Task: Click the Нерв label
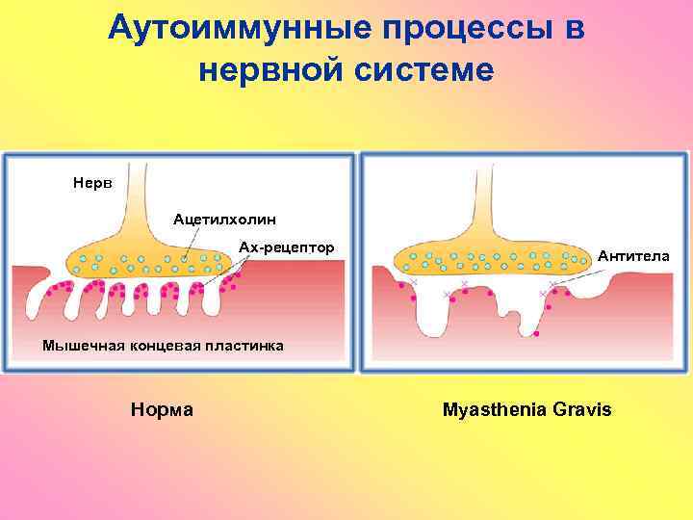point(91,182)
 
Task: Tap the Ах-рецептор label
point(287,247)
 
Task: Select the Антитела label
point(634,256)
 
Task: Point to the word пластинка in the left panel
point(245,346)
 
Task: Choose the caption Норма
point(162,409)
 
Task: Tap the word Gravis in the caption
point(582,409)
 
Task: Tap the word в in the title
point(575,27)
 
